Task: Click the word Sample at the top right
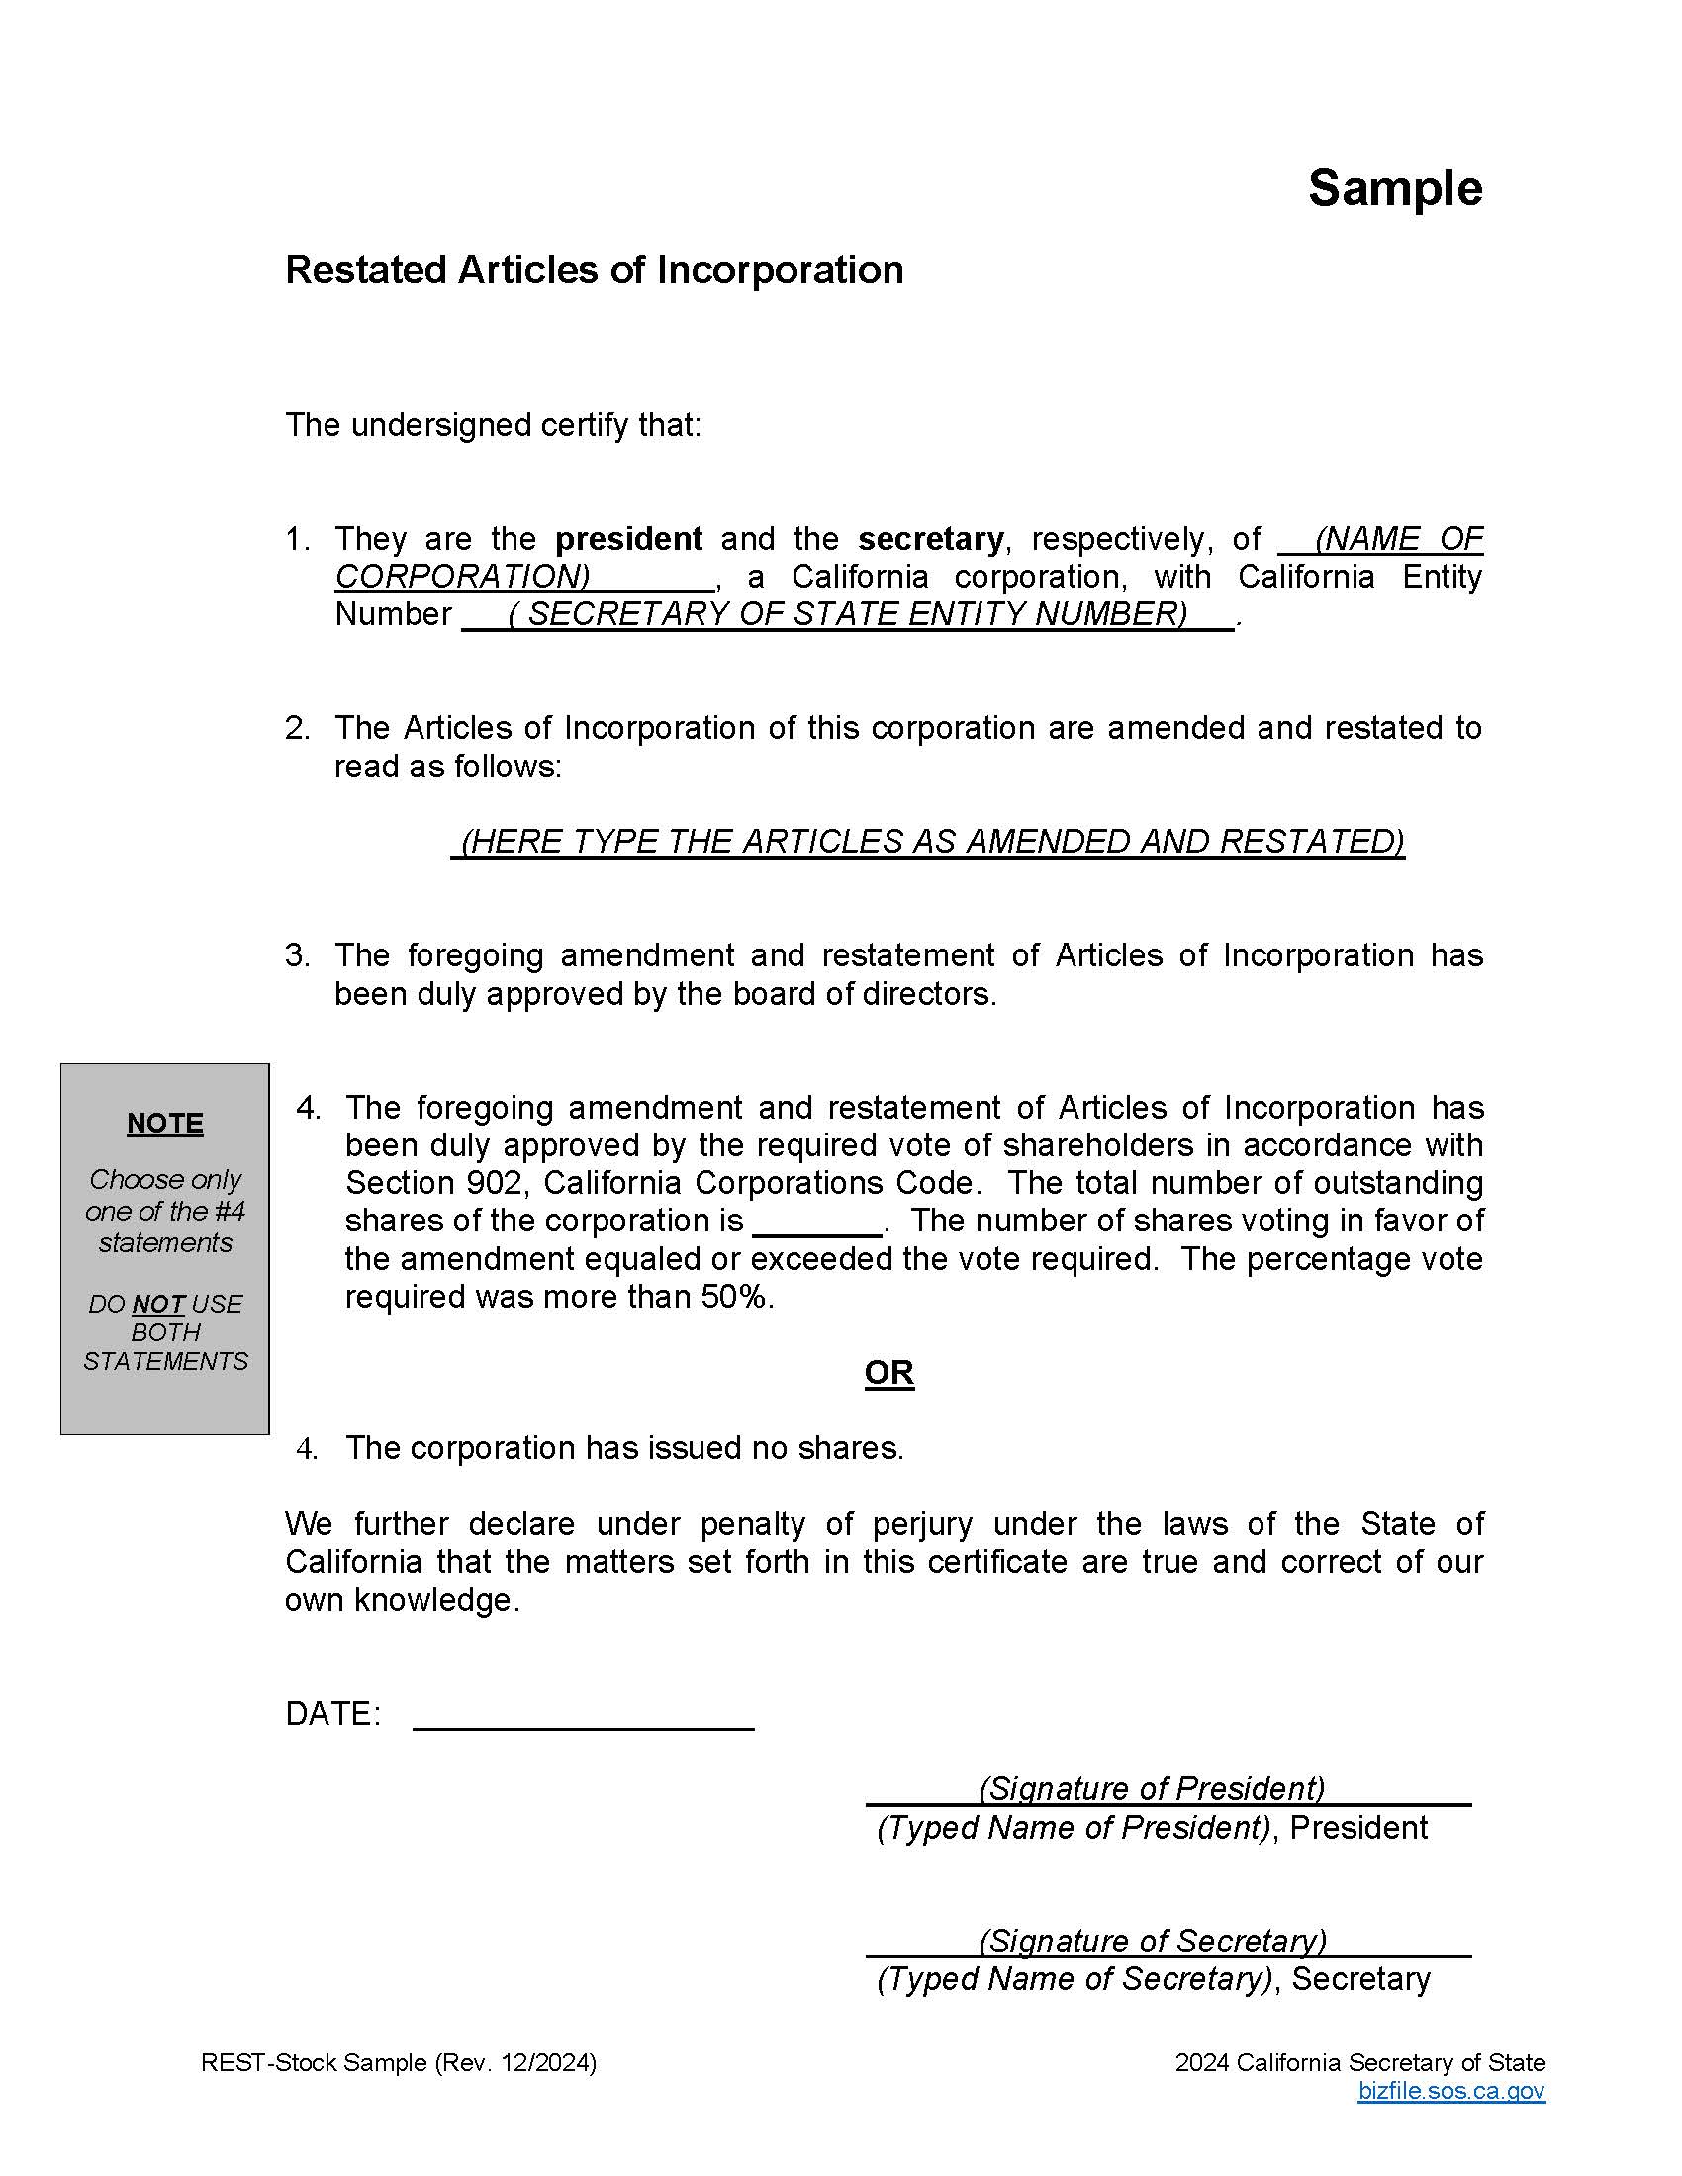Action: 1394,188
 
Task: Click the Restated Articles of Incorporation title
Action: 594,270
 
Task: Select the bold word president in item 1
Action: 627,539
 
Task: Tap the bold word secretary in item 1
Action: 930,539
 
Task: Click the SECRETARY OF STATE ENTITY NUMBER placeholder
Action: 848,615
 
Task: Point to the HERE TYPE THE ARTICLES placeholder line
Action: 928,841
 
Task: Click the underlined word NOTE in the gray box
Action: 165,1123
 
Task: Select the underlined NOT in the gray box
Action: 157,1305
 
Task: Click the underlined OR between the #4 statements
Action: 888,1372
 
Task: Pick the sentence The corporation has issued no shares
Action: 623,1448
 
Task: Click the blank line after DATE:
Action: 583,1715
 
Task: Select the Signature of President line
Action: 1167,1788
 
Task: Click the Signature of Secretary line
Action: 1167,1941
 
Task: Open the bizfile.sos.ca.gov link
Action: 1449,2090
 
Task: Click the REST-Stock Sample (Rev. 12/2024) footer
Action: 399,2062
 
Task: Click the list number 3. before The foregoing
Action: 297,955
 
